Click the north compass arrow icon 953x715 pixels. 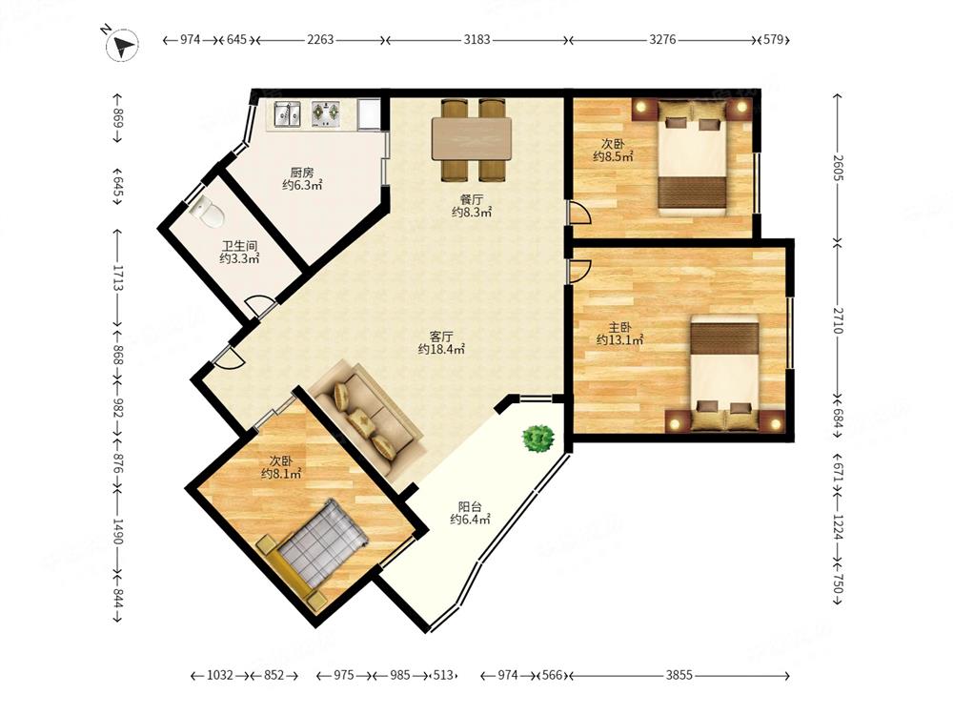tap(122, 45)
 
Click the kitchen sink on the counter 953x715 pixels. tap(286, 113)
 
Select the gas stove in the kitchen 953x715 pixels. tap(325, 113)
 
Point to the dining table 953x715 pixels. tap(472, 139)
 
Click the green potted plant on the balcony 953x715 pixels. tap(537, 437)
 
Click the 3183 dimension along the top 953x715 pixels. tap(476, 40)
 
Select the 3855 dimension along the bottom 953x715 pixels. tap(679, 675)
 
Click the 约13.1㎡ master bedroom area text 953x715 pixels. tap(620, 340)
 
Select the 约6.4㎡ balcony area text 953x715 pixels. tap(470, 520)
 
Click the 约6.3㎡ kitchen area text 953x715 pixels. tap(302, 186)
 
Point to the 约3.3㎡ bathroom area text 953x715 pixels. tap(239, 259)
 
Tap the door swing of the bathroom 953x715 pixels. tap(259, 305)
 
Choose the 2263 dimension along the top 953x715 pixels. tap(320, 40)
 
